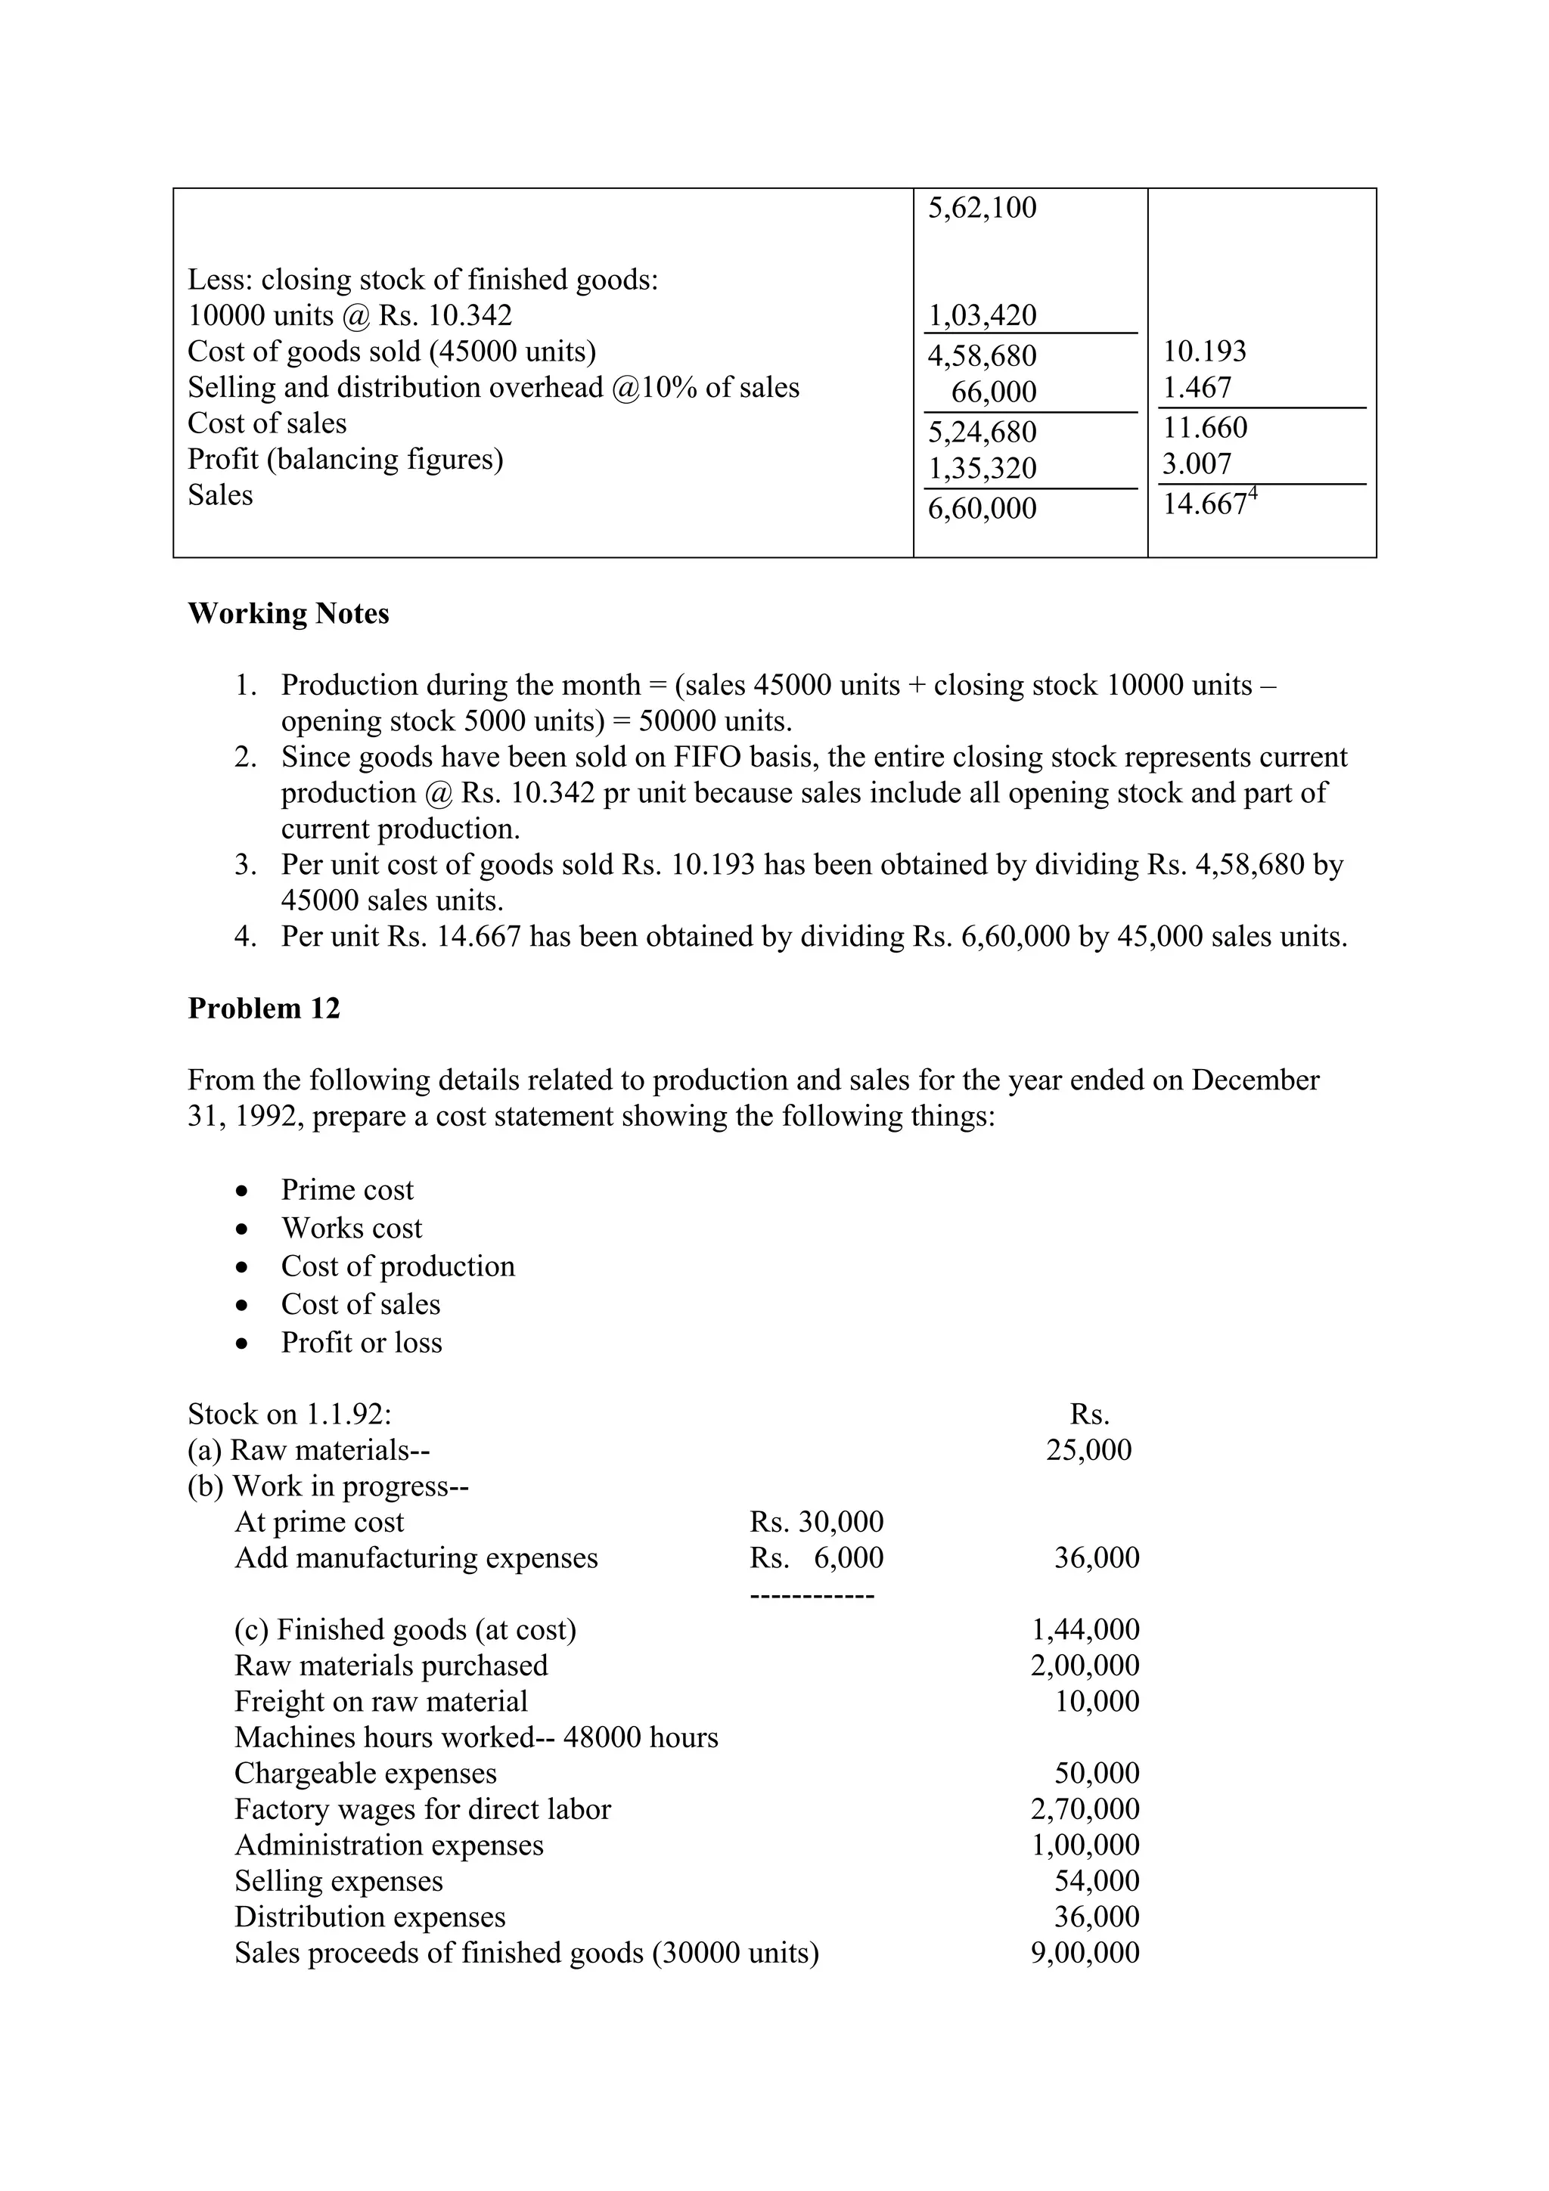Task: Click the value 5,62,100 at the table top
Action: click(982, 208)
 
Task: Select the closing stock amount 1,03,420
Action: click(982, 316)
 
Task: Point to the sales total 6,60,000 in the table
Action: click(982, 507)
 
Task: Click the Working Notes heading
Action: click(288, 614)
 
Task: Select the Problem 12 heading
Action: click(263, 1009)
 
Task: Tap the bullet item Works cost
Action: click(351, 1228)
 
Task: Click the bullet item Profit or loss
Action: click(361, 1343)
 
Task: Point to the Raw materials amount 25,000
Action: click(1088, 1451)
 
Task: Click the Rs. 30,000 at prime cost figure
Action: click(816, 1522)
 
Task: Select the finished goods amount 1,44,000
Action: click(1085, 1630)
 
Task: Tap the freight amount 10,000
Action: click(1097, 1701)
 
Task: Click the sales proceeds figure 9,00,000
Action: click(1085, 1954)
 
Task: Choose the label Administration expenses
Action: click(389, 1845)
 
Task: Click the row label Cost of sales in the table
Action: click(267, 423)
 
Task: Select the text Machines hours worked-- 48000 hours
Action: click(476, 1737)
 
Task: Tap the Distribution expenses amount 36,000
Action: click(1097, 1917)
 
